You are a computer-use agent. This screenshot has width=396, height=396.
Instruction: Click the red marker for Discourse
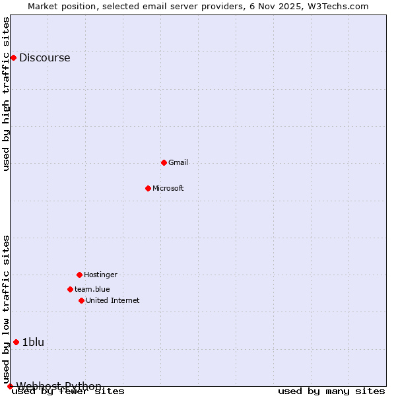[x=13, y=57]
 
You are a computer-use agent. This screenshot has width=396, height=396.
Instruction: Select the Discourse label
[x=44, y=57]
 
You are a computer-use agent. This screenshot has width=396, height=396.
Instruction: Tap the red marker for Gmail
[x=164, y=162]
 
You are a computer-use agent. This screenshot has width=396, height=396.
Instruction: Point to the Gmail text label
[x=178, y=162]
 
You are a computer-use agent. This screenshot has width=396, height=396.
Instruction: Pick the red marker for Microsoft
[x=148, y=188]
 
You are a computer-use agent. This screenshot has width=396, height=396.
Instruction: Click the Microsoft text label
[x=168, y=188]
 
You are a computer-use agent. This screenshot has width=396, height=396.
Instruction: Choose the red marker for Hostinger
[x=79, y=275]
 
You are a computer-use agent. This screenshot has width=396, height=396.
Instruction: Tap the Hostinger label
[x=100, y=275]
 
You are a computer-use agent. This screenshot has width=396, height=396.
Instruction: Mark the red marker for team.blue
[x=70, y=289]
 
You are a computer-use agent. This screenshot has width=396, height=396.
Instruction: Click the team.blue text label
[x=92, y=289]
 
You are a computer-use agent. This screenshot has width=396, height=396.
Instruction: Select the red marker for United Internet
[x=81, y=300]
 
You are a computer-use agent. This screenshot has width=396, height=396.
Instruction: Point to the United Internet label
[x=113, y=300]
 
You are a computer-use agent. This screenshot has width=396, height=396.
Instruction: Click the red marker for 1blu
[x=16, y=342]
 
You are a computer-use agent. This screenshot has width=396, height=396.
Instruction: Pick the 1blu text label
[x=33, y=342]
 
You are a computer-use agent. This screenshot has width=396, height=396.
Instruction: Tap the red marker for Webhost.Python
[x=10, y=386]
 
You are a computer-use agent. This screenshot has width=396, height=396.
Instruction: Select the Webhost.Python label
[x=59, y=386]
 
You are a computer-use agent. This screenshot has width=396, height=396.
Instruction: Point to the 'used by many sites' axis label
[x=331, y=391]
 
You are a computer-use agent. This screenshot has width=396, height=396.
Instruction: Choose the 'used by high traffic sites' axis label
[x=6, y=94]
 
